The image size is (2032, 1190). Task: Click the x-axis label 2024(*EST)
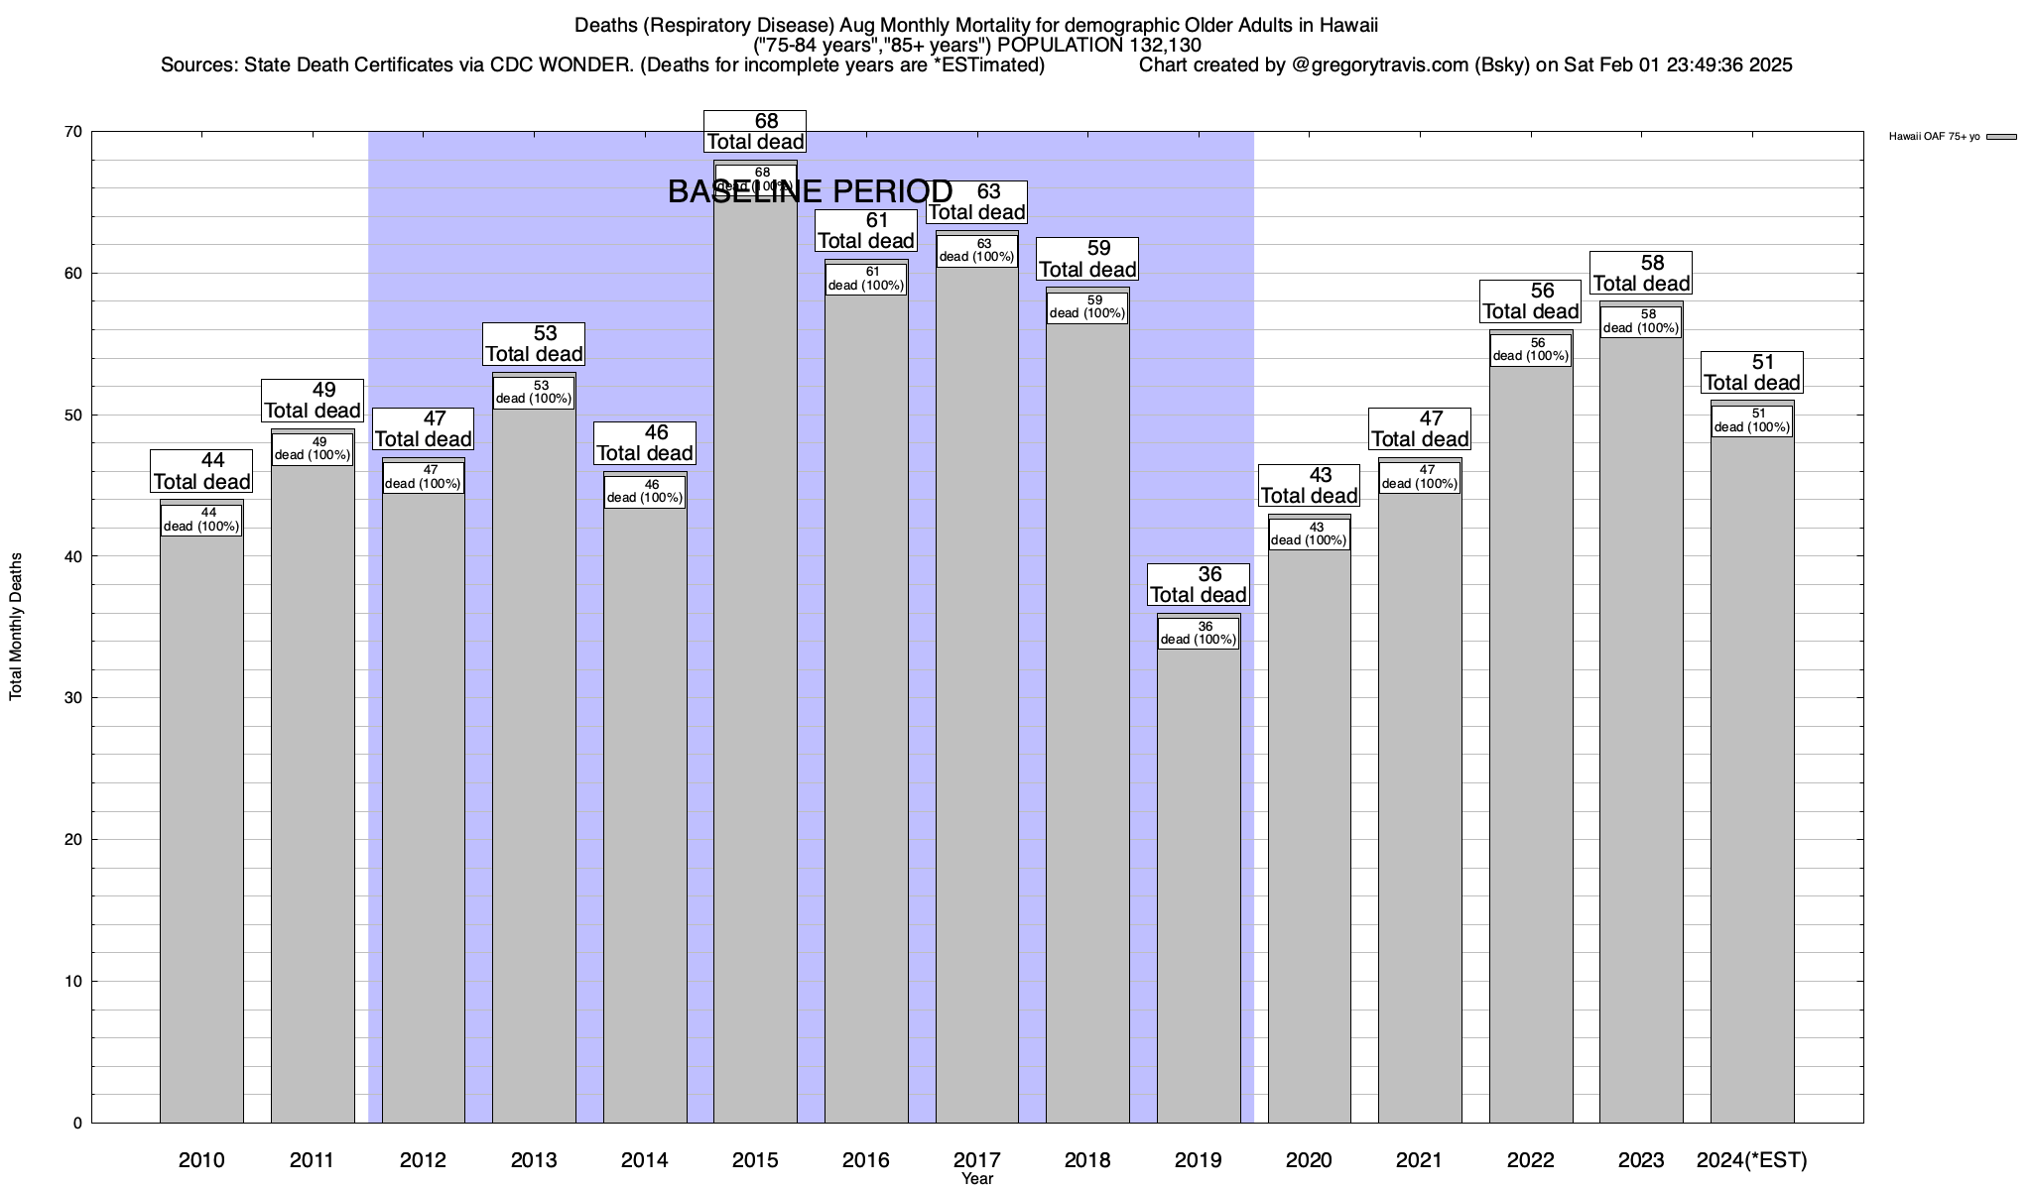coord(1752,1159)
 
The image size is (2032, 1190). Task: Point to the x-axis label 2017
coord(977,1159)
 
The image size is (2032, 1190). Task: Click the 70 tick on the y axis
coord(72,132)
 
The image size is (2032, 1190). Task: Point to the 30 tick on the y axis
coord(72,698)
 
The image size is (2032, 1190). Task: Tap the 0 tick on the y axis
coord(77,1124)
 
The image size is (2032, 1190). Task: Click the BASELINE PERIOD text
coord(810,191)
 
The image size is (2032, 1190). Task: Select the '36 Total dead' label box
coord(1198,584)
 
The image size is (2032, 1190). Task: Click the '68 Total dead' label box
coord(755,131)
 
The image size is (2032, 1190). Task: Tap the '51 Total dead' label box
coord(1752,372)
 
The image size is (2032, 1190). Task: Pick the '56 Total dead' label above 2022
coord(1531,300)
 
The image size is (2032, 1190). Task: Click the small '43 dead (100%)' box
coord(1309,534)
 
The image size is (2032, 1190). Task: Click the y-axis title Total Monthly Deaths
coord(16,627)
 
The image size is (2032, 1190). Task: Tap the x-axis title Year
coord(977,1179)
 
